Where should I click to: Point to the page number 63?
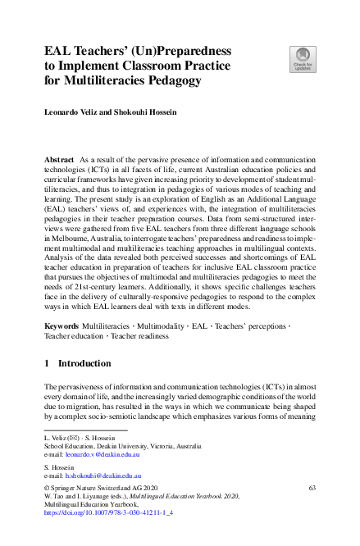312,488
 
